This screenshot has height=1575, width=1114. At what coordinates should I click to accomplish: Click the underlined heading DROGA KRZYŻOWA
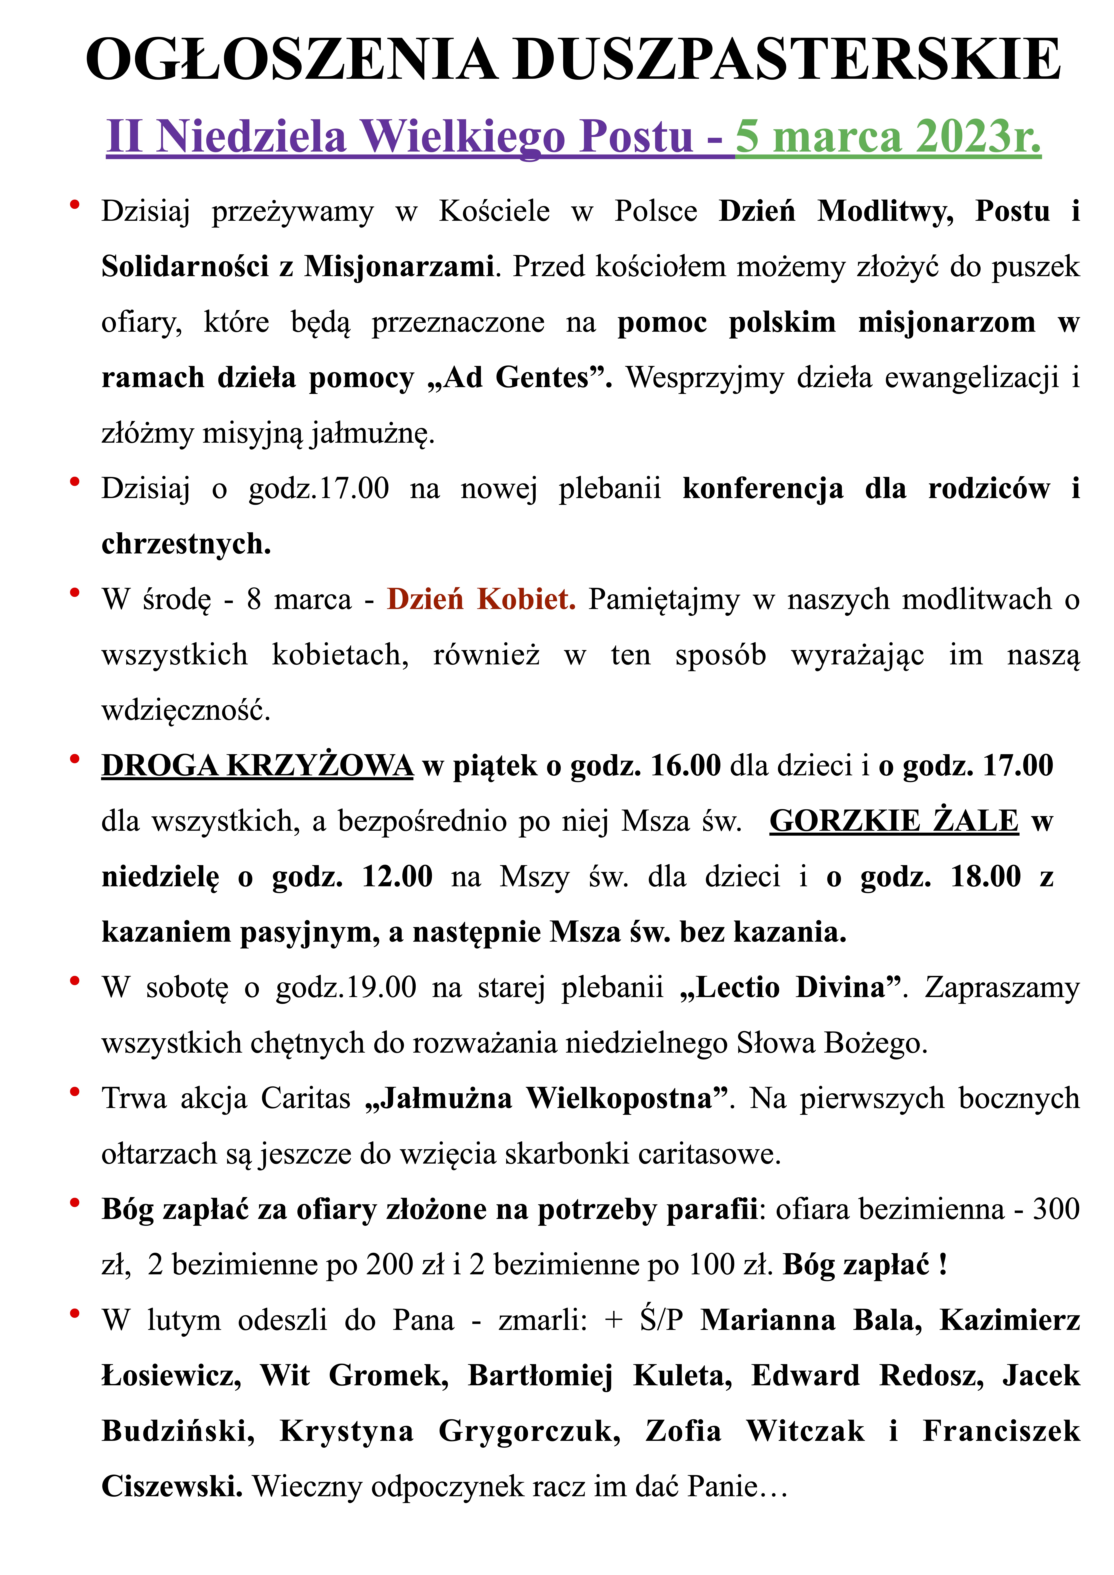tap(257, 766)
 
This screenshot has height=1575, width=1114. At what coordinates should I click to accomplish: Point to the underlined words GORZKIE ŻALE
tap(894, 821)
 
